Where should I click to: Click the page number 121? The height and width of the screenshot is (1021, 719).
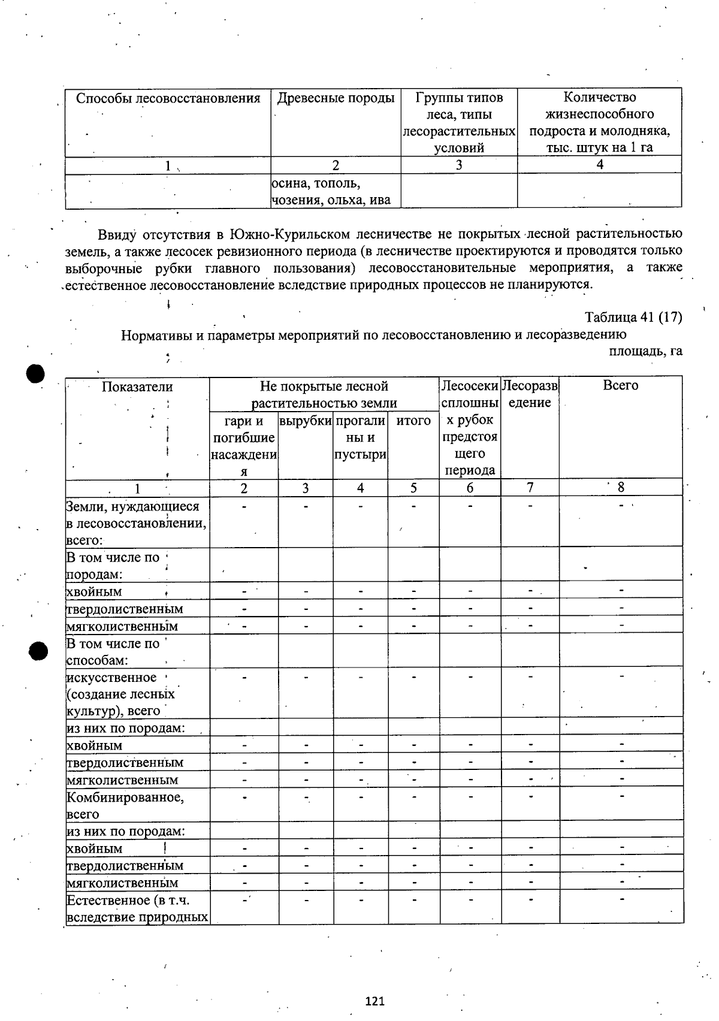click(374, 1001)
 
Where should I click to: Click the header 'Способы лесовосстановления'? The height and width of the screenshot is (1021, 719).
click(168, 98)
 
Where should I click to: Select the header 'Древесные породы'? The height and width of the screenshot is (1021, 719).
click(336, 98)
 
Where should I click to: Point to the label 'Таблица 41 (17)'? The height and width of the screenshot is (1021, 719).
click(633, 317)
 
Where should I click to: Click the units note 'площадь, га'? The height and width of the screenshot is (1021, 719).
click(645, 351)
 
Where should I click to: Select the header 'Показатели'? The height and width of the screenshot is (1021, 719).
click(137, 387)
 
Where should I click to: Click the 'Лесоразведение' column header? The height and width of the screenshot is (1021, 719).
click(530, 394)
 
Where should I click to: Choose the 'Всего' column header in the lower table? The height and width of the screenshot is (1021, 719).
click(620, 386)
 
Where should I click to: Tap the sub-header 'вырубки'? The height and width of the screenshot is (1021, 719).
click(306, 421)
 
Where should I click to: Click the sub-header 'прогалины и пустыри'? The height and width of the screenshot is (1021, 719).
click(360, 438)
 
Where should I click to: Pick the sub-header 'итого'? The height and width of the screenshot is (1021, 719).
click(413, 421)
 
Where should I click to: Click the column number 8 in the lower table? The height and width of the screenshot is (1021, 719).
click(621, 487)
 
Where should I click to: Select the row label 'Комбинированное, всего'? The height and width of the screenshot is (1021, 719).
click(125, 805)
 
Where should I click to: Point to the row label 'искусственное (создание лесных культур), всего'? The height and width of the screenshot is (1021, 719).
click(120, 694)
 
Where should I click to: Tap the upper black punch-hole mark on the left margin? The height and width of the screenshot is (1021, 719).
click(36, 374)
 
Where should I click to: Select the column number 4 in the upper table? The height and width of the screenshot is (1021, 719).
click(599, 165)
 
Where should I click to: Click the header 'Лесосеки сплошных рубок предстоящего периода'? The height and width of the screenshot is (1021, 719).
click(470, 428)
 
